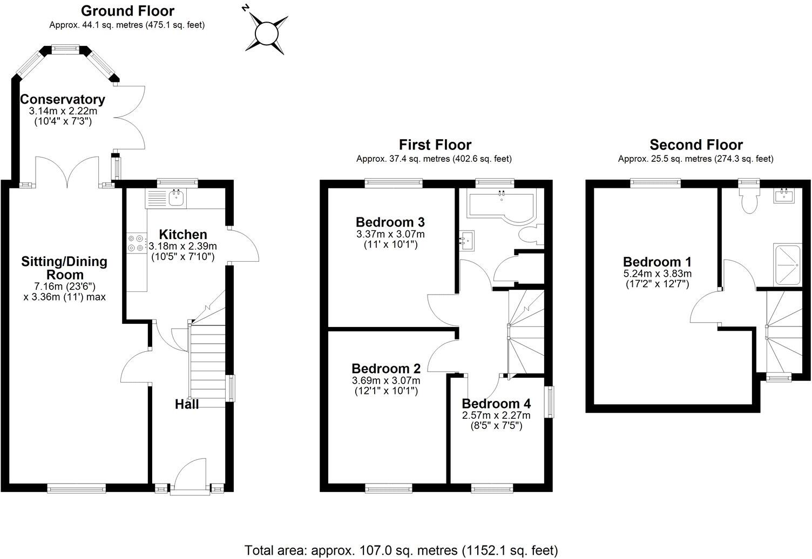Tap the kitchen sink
177,199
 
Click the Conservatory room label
63,100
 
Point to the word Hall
187,404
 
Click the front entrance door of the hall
190,475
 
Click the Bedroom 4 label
496,404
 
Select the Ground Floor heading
127,11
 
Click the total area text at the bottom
401,550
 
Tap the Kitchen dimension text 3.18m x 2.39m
183,246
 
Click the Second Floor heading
696,145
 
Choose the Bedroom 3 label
390,222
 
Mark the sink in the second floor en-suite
783,195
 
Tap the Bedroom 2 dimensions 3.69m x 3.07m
386,380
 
